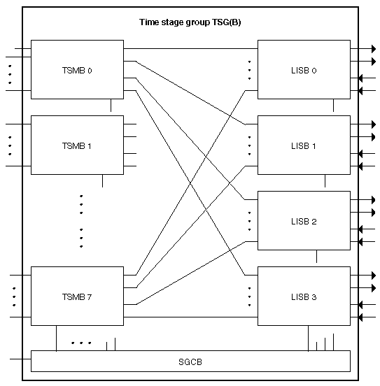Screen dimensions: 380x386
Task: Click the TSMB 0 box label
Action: (77, 71)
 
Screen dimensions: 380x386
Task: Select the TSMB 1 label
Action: (77, 146)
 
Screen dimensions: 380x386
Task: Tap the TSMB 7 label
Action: (77, 297)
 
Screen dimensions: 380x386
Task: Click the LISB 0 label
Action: (304, 71)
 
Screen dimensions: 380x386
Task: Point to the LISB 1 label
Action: (303, 146)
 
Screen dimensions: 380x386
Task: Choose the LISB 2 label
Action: (304, 222)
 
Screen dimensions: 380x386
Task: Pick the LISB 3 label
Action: (304, 297)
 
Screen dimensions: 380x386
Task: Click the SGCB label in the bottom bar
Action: (190, 362)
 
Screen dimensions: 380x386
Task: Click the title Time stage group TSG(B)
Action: (190, 22)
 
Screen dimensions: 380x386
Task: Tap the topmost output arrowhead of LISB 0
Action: (374, 49)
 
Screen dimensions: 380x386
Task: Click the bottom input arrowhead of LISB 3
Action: (360, 317)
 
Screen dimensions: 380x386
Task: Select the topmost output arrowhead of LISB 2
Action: (374, 200)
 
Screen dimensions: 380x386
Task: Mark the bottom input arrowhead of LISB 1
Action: (360, 166)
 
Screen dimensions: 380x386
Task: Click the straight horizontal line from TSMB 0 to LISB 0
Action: (190, 49)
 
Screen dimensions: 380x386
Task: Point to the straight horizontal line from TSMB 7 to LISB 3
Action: (190, 317)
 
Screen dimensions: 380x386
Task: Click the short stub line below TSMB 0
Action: (111, 106)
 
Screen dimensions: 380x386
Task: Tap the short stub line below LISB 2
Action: (316, 256)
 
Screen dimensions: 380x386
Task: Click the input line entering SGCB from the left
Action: (20, 359)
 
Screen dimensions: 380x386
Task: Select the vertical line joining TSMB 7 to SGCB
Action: (57, 338)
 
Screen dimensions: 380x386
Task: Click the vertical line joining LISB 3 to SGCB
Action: (309, 338)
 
